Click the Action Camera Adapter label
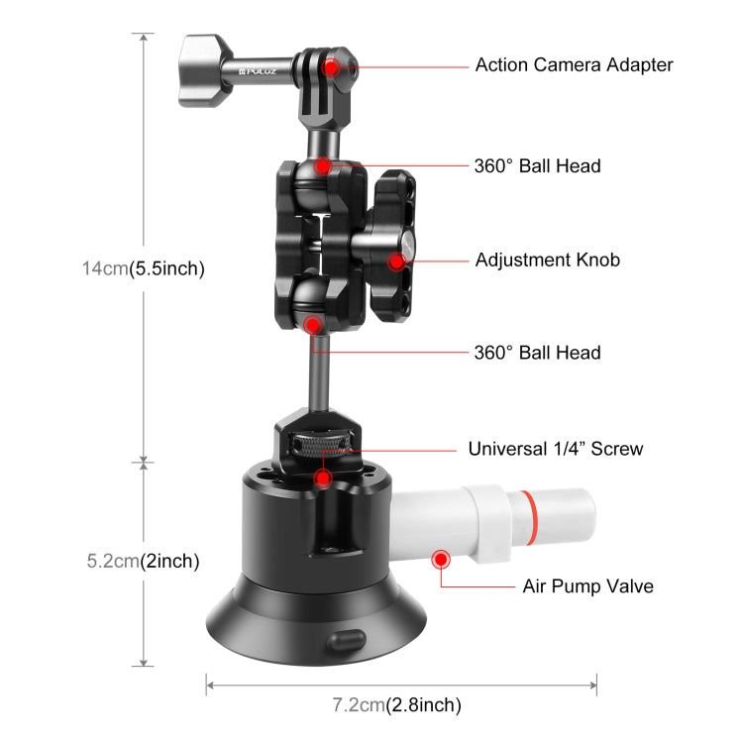574,65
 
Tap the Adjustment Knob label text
547,261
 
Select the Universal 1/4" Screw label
555,449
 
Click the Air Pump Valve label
587,586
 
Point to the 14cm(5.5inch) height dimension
143,268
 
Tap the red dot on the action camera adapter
340,67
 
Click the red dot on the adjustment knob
397,262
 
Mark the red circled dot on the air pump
440,560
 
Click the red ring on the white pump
536,514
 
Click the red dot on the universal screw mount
322,478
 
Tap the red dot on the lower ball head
313,323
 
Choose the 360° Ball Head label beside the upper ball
537,166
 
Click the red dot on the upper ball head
326,165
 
